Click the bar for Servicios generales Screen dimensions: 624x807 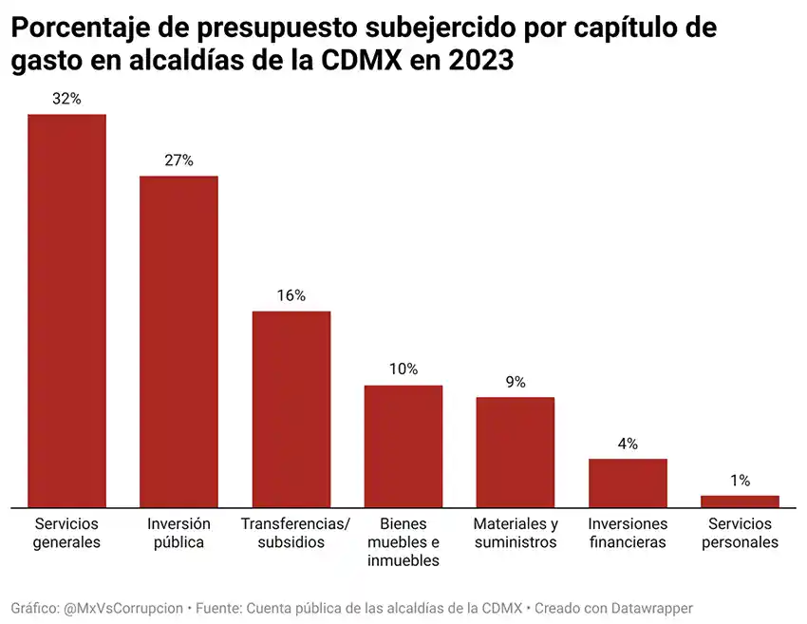66,311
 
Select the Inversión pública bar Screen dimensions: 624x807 178,342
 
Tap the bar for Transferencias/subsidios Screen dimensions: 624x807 291,409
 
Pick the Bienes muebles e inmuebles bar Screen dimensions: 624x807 403,446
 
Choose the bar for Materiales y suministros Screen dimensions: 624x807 516,452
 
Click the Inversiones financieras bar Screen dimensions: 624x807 628,483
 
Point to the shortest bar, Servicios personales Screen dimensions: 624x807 740,501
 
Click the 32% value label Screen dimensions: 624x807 66,99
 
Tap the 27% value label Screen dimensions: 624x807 178,161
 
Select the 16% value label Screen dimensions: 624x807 291,295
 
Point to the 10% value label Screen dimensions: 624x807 403,369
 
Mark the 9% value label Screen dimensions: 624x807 516,382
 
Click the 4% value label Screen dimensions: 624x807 628,444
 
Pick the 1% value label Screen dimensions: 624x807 740,481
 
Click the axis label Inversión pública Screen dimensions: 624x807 178,533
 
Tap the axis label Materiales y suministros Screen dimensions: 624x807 516,533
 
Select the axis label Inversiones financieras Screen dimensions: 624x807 628,533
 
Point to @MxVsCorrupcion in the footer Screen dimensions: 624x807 123,608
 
